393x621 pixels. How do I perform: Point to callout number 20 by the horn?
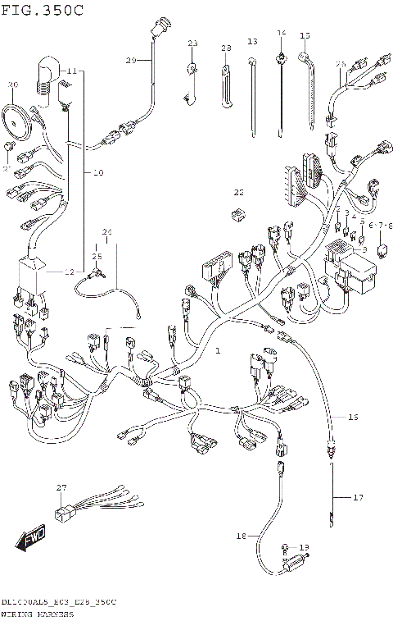pos(12,84)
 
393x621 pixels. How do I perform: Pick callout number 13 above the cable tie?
pos(252,42)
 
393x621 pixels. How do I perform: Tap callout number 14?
pos(281,34)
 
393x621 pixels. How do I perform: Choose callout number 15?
pos(305,35)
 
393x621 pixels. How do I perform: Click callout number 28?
pos(226,48)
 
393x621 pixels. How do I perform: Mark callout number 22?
pos(239,193)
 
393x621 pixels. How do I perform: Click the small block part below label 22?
pos(237,215)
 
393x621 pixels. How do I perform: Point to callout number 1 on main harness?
pos(218,350)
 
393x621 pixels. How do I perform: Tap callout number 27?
pos(61,488)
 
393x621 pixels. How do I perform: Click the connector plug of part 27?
pos(61,514)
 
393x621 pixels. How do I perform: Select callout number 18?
pos(241,536)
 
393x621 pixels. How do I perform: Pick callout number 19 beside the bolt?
pos(304,547)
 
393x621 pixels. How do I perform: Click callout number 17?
pos(357,497)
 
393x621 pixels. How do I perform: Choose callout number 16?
pos(354,418)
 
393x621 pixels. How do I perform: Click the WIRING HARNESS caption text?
pos(37,613)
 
